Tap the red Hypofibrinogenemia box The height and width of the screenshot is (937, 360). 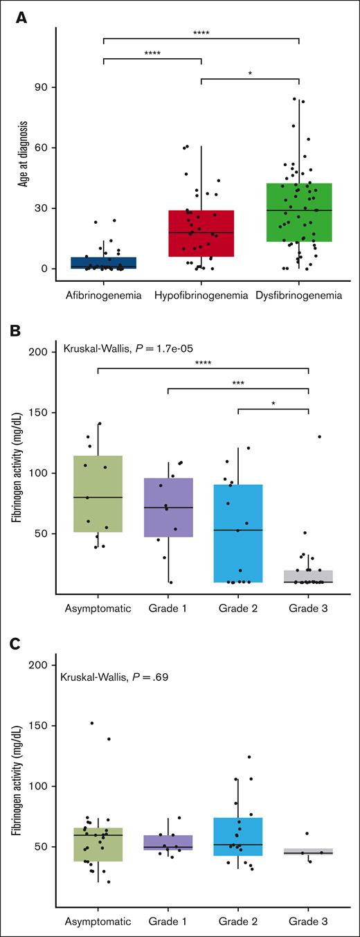201,233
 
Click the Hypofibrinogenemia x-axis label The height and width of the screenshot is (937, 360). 201,296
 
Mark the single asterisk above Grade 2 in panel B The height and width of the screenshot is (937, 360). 273,402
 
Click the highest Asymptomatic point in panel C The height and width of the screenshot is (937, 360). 92,723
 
